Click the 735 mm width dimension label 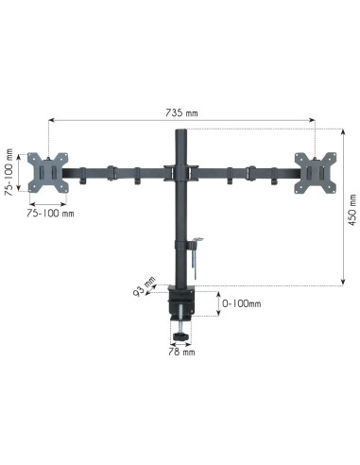point(181,112)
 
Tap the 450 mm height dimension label point(352,210)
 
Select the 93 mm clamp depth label point(145,286)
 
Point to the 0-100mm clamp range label point(241,303)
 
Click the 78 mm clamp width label point(181,352)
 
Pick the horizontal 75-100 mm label point(50,214)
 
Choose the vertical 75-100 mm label point(9,172)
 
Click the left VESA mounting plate point(47,172)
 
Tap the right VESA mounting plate point(316,173)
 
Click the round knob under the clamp point(180,337)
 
